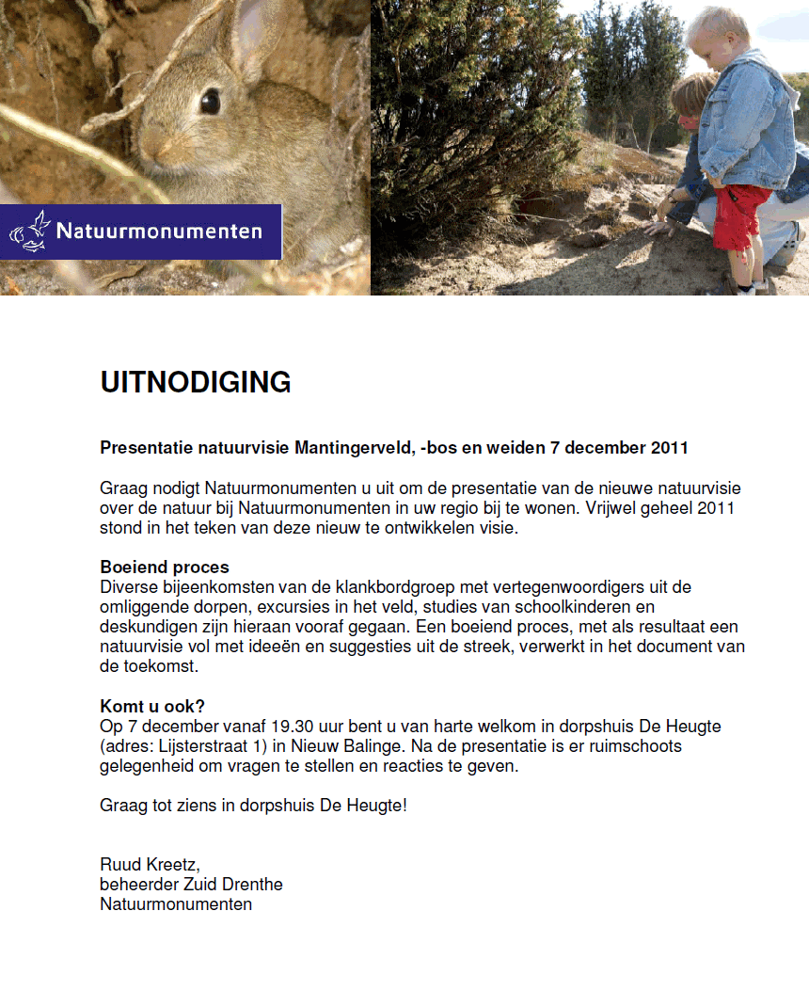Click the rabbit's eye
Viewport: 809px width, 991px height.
[210, 101]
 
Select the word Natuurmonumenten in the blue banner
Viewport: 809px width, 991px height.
[159, 231]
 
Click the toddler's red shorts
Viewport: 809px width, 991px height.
[741, 216]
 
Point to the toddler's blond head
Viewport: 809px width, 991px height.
[718, 33]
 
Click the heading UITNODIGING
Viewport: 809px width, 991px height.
[196, 382]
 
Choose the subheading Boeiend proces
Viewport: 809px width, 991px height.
[165, 567]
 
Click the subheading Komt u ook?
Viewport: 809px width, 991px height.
[152, 707]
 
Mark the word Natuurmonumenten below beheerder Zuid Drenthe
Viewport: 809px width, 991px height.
[176, 904]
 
